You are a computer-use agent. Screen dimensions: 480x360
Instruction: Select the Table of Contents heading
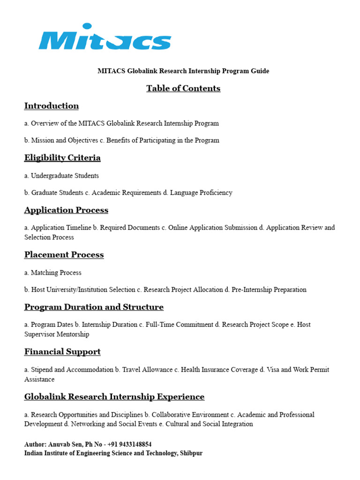[x=183, y=89]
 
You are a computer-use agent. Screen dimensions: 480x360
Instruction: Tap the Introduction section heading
[x=52, y=106]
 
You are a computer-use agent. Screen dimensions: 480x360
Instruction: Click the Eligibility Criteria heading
[x=62, y=158]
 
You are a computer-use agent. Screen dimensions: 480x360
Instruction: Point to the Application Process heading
[x=66, y=210]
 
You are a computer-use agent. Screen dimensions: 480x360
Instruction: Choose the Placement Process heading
[x=64, y=255]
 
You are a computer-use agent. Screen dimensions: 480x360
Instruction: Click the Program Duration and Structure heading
[x=94, y=307]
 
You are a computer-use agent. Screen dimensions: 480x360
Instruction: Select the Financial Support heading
[x=62, y=352]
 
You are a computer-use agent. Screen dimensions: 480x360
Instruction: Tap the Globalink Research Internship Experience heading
[x=114, y=397]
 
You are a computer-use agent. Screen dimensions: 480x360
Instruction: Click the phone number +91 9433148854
[x=128, y=444]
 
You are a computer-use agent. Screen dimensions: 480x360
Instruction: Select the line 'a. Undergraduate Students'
[x=61, y=176]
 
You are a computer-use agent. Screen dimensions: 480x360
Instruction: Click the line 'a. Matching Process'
[x=53, y=273]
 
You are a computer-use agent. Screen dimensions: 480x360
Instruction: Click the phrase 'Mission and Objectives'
[x=65, y=141]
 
